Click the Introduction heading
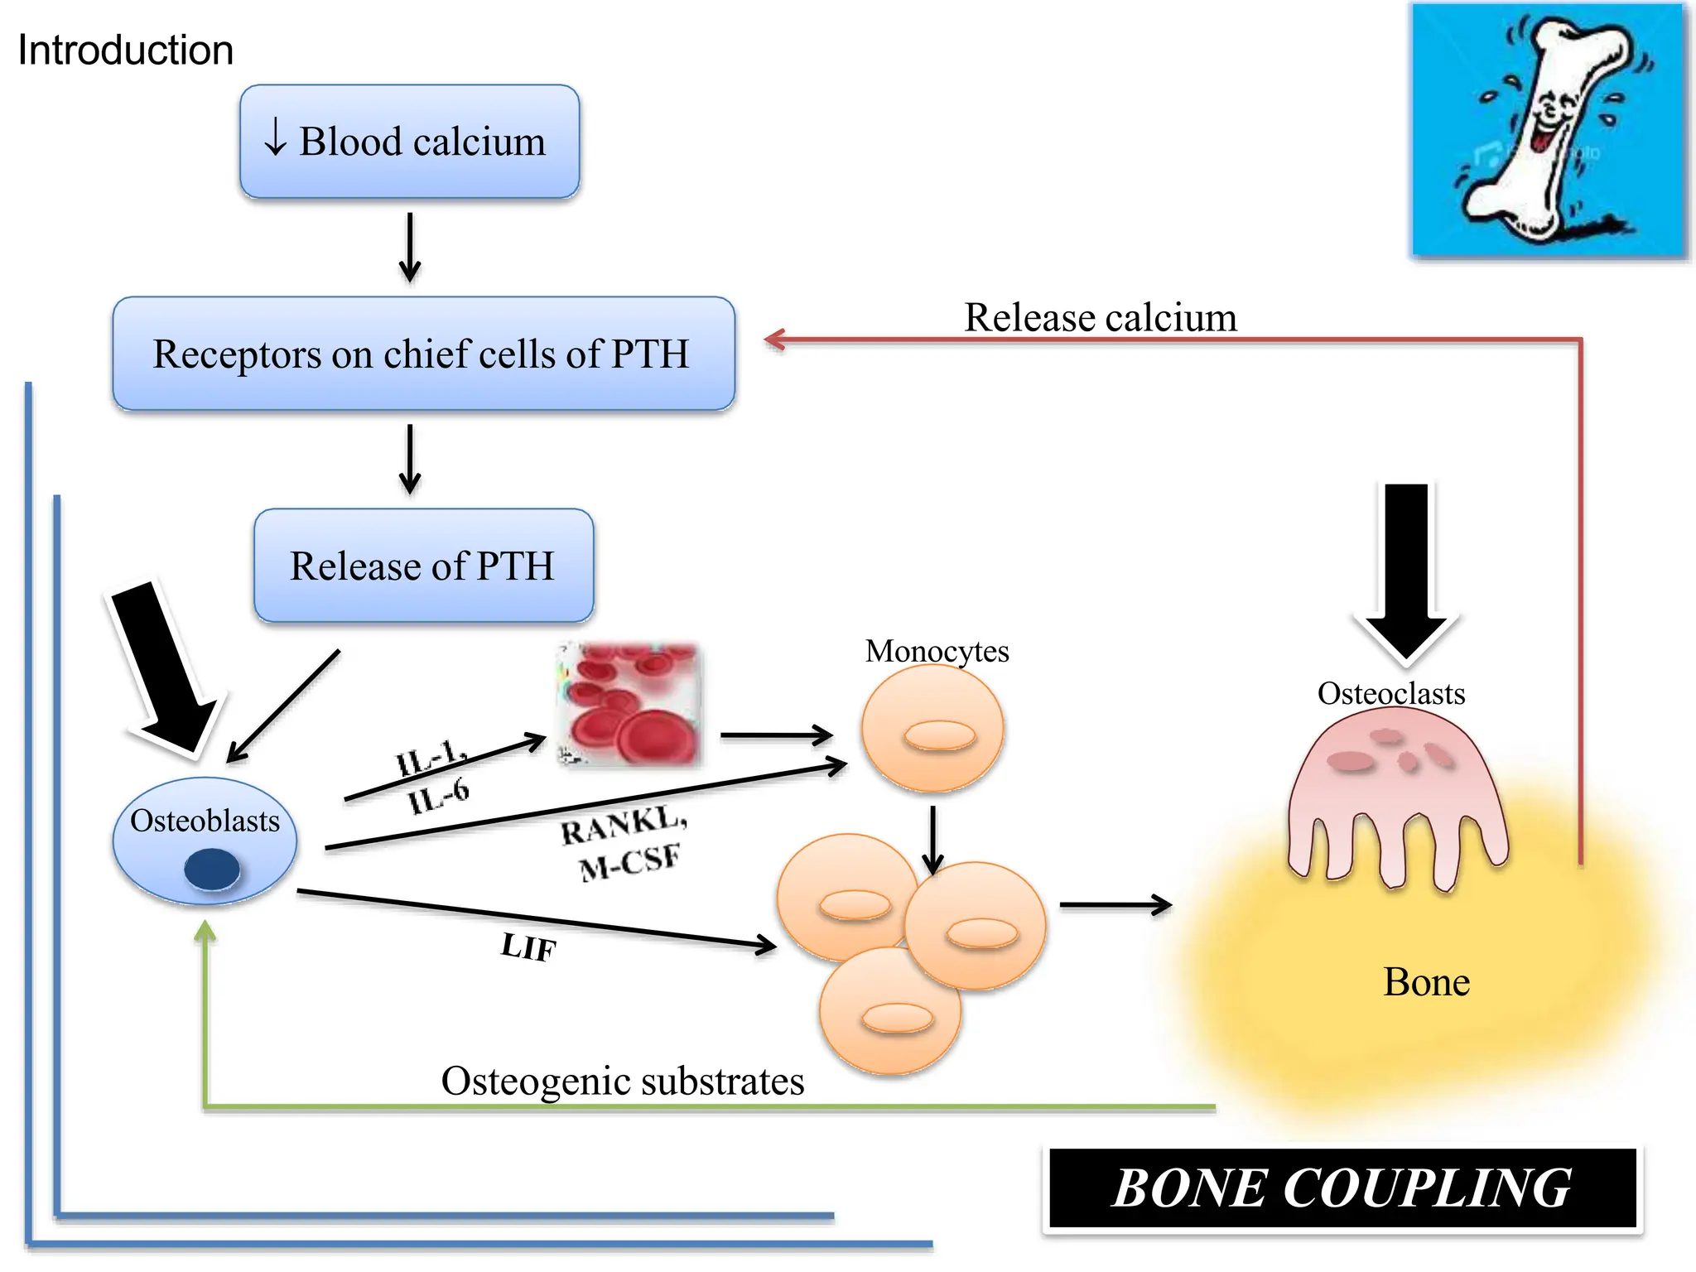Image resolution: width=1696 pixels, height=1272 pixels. [x=125, y=51]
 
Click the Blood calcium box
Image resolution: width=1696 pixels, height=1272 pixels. [x=410, y=142]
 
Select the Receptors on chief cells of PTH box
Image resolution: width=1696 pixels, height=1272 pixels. [x=423, y=354]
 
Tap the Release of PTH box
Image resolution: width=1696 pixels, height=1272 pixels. [x=423, y=566]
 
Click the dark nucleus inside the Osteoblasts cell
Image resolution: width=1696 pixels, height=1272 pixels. [x=212, y=870]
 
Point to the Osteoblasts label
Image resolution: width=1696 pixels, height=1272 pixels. [x=205, y=821]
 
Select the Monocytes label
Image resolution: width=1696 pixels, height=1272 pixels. [x=937, y=651]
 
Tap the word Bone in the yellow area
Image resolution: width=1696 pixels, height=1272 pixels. [x=1426, y=982]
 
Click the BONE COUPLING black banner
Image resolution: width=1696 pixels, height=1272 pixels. [x=1342, y=1188]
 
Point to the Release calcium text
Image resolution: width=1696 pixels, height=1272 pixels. [x=1100, y=318]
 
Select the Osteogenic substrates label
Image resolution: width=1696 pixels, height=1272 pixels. [x=622, y=1081]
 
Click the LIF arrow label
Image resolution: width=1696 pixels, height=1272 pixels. [x=528, y=947]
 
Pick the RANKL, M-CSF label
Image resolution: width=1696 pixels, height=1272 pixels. [x=625, y=844]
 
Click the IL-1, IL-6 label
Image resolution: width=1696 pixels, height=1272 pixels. [x=433, y=777]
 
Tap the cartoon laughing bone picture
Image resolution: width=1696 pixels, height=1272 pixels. [x=1548, y=130]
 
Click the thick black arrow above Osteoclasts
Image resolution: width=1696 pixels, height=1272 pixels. [x=1405, y=571]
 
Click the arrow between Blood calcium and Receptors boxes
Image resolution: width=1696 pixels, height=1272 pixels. [x=410, y=248]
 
